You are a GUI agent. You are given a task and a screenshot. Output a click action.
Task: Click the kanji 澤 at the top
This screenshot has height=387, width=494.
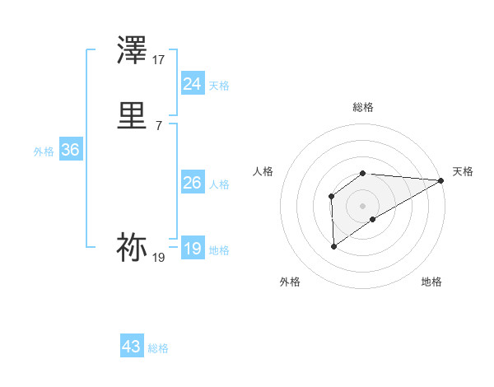pos(133,51)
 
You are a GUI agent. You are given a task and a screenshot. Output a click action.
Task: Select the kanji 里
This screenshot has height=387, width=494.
pos(133,117)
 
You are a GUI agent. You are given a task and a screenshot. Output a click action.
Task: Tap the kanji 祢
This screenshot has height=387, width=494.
pos(133,247)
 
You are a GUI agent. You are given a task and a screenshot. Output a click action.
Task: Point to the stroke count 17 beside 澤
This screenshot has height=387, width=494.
pos(159,59)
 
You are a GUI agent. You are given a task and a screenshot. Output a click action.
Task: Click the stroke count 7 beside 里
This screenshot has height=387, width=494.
pos(159,125)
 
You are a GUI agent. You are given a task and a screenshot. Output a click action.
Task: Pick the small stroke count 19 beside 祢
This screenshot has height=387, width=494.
pos(159,258)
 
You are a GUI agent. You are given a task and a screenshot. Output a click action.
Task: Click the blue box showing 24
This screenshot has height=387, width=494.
pos(193,83)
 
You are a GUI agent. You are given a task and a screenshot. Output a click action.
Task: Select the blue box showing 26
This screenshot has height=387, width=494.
pos(193,183)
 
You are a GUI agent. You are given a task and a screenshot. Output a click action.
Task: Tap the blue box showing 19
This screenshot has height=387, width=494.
pos(193,249)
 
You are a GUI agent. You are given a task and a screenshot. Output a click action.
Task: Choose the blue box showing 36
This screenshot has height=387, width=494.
pos(70,150)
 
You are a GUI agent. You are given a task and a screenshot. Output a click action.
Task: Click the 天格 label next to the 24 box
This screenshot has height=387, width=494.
pos(219,85)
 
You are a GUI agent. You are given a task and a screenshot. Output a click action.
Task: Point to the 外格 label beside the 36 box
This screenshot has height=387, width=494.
pos(44,152)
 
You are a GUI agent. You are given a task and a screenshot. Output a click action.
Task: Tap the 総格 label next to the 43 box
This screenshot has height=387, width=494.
pos(158,348)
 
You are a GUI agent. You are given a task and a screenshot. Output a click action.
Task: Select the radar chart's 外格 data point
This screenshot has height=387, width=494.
pos(333,246)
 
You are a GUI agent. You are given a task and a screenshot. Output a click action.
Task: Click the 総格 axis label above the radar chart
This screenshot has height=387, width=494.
pos(363,107)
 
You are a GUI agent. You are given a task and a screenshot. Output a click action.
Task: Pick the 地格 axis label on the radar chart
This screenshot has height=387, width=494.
pos(431,282)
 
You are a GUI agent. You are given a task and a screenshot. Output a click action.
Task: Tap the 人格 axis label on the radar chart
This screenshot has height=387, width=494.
pos(263,171)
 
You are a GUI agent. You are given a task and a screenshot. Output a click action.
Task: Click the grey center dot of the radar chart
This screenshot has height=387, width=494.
pos(363,205)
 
